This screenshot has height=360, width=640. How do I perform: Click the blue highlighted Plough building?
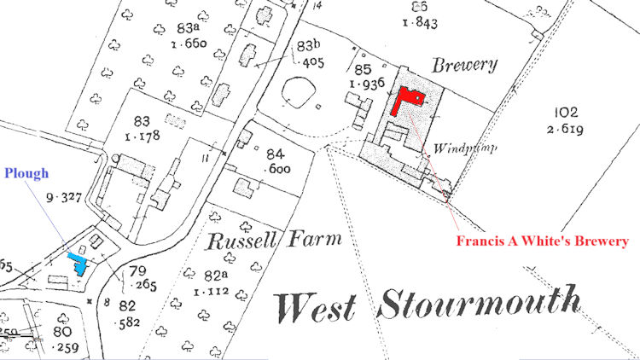79,262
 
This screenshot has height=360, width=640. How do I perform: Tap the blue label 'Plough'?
26,174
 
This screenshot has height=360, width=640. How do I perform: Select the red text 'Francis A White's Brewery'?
542,241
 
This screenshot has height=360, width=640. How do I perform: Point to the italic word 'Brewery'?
464,65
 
